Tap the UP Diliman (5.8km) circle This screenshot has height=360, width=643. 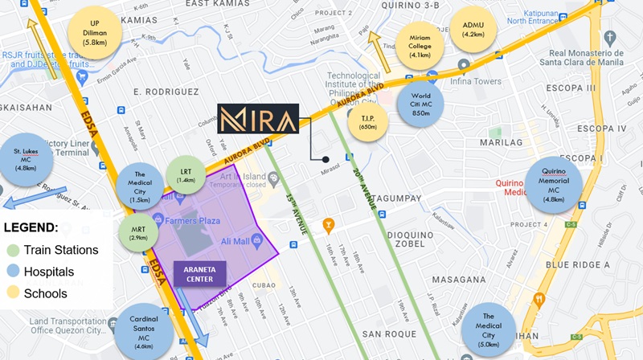click(x=100, y=36)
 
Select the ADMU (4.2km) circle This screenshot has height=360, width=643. click(x=473, y=30)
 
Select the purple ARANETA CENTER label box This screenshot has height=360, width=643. click(x=192, y=273)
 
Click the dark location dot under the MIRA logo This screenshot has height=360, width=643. click(x=326, y=159)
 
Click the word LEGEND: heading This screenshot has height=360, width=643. click(x=30, y=228)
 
